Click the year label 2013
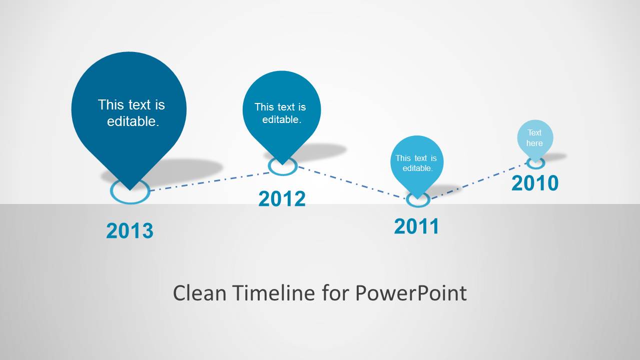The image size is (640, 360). pyautogui.click(x=130, y=230)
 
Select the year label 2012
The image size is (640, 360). pyautogui.click(x=282, y=198)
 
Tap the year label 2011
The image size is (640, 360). pyautogui.click(x=416, y=226)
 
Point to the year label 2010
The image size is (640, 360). pyautogui.click(x=535, y=183)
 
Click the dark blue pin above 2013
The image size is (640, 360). pyautogui.click(x=129, y=114)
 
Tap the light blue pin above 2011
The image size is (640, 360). pyautogui.click(x=417, y=162)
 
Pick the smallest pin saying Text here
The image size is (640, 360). pyautogui.click(x=535, y=138)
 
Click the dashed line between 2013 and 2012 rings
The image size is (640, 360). pyautogui.click(x=210, y=181)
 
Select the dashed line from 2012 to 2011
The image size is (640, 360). pyautogui.click(x=352, y=182)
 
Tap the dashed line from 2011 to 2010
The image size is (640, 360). pyautogui.click(x=478, y=180)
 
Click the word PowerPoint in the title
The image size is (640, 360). pyautogui.click(x=411, y=293)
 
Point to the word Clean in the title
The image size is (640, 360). pyautogui.click(x=200, y=293)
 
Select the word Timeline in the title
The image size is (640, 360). pyautogui.click(x=273, y=293)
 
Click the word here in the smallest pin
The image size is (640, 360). pyautogui.click(x=534, y=143)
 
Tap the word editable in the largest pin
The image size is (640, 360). pyautogui.click(x=133, y=121)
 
